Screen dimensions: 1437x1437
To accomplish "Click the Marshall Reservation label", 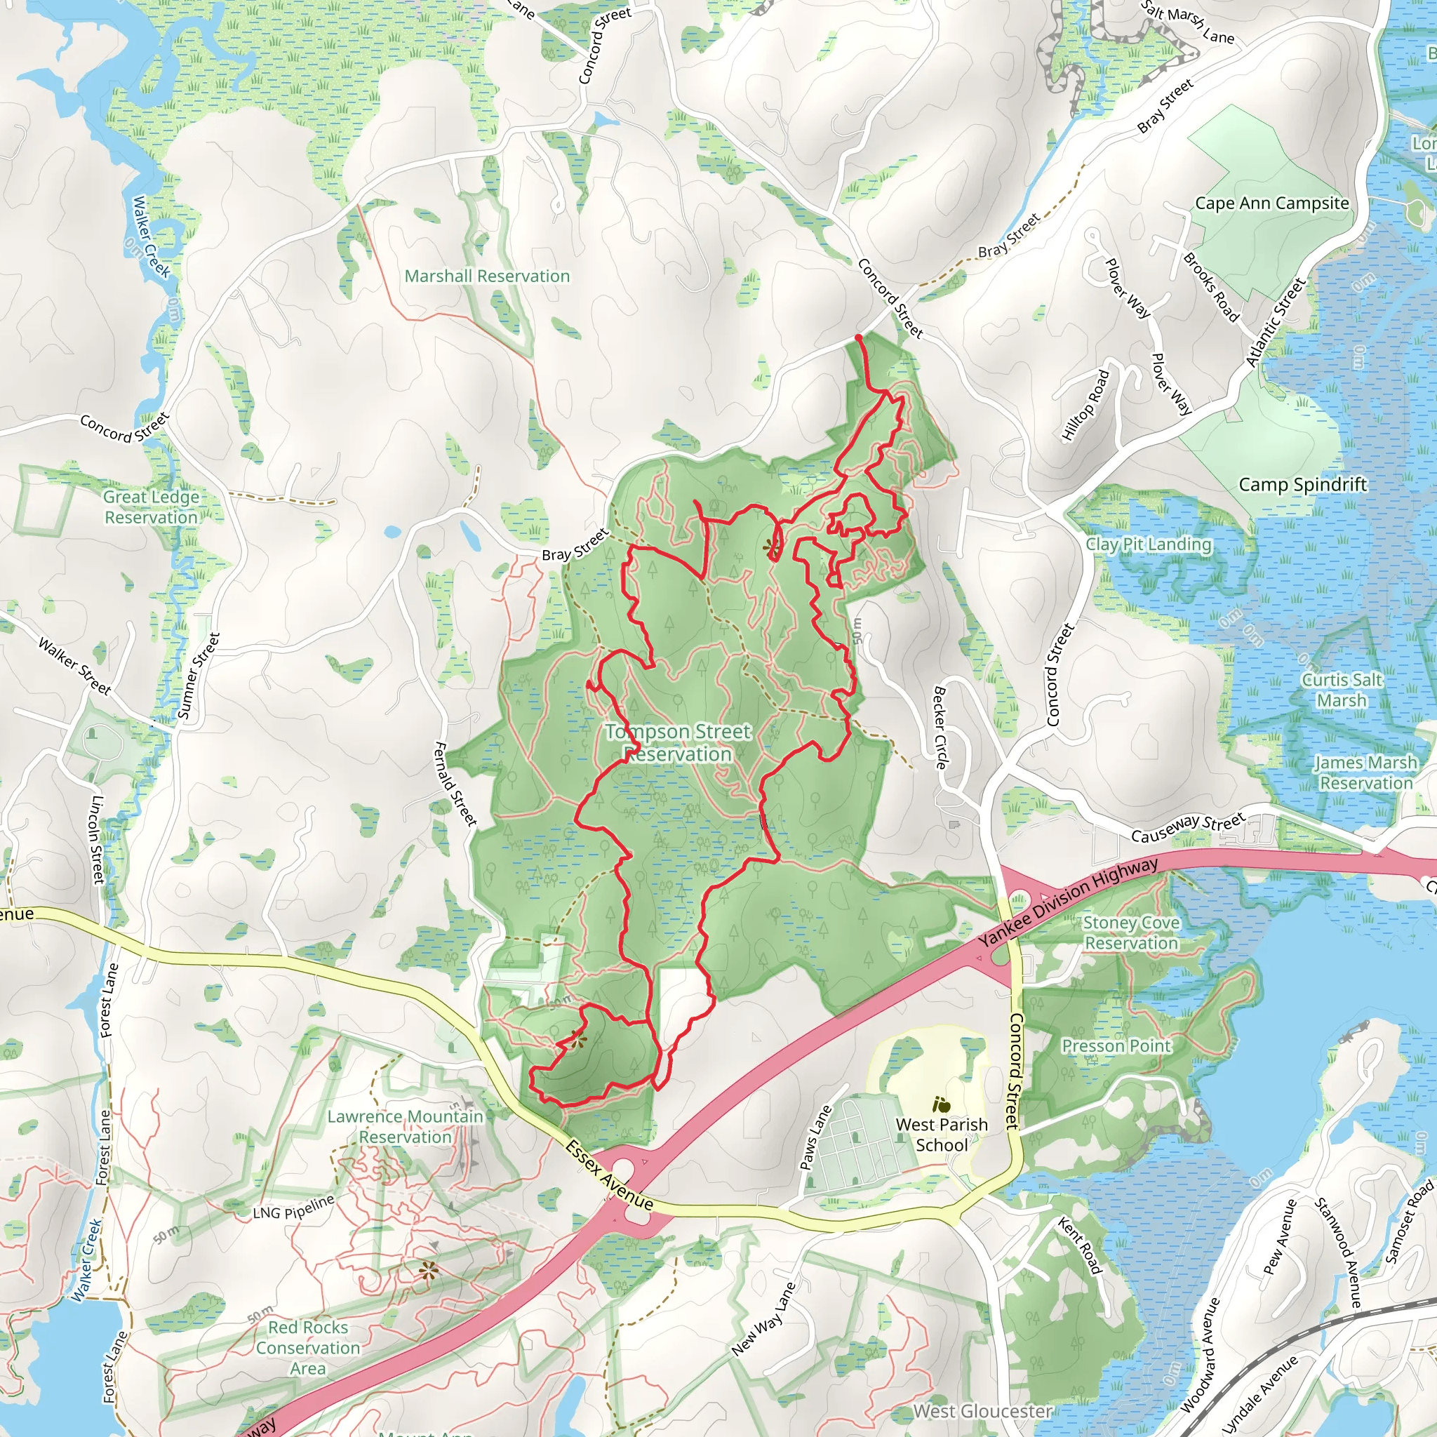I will (487, 276).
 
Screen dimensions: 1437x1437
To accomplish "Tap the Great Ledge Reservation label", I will (151, 507).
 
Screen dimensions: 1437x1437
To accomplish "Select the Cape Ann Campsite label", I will (1271, 203).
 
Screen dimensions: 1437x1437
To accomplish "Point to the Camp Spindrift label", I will (1302, 485).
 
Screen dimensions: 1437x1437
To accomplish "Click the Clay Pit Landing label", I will (1149, 544).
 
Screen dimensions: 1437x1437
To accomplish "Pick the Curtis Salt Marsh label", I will (1342, 690).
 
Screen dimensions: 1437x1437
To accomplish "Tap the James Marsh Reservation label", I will (1365, 773).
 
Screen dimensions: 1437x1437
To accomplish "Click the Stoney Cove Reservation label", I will (1131, 933).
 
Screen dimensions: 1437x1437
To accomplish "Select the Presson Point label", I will (1116, 1045).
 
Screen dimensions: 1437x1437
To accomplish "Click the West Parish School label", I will (942, 1135).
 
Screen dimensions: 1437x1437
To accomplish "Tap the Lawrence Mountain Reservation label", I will (406, 1127).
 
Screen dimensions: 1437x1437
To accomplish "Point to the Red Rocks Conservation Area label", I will (308, 1348).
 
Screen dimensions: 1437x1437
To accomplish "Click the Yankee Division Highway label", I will (1068, 902).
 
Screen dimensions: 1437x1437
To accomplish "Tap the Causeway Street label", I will (1188, 829).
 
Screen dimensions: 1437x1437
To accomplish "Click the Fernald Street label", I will (455, 783).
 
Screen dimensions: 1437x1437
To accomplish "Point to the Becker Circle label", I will (940, 728).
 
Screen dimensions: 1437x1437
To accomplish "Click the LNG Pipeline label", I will (293, 1208).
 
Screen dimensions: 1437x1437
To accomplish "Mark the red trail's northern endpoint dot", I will (859, 337).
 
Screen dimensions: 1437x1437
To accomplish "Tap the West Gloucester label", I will (982, 1410).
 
